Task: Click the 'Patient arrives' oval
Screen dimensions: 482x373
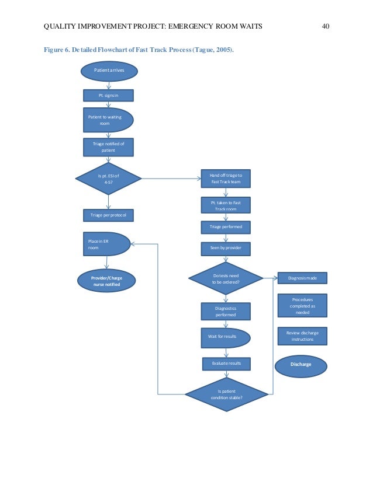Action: click(108, 71)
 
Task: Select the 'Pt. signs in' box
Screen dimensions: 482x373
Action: click(108, 95)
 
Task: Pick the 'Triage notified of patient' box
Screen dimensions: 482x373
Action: click(108, 147)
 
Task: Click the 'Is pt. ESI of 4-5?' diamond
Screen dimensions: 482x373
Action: click(108, 179)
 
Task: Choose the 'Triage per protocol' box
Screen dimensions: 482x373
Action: click(108, 215)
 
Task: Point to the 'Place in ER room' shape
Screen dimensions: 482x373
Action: click(105, 245)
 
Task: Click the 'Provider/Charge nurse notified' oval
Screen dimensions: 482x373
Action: click(107, 281)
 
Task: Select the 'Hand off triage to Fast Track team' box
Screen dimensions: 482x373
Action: click(226, 179)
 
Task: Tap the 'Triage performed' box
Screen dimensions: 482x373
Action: click(226, 226)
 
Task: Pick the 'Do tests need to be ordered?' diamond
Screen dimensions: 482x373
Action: click(226, 278)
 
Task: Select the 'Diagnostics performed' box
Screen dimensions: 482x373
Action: click(226, 312)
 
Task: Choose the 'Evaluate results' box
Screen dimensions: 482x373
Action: click(226, 364)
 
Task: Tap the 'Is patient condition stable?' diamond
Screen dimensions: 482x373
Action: click(226, 394)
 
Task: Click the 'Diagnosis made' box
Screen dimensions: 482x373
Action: click(302, 278)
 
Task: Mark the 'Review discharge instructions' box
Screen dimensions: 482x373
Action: click(302, 336)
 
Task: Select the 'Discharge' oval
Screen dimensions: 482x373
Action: click(301, 365)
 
